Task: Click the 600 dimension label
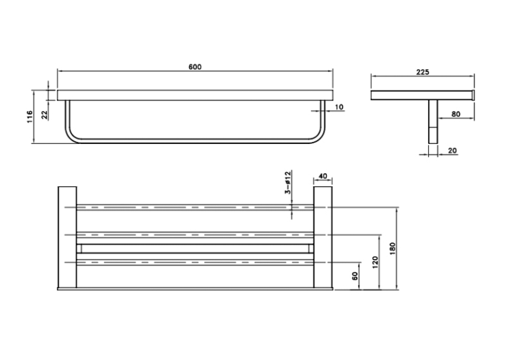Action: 195,67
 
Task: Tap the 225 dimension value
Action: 422,72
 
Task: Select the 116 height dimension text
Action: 30,117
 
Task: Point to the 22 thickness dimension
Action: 44,115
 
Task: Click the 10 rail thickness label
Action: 339,107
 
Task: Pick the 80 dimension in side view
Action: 456,114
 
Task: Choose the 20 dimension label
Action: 452,151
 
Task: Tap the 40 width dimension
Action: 323,176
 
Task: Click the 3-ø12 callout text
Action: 287,182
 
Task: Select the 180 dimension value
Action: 392,249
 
